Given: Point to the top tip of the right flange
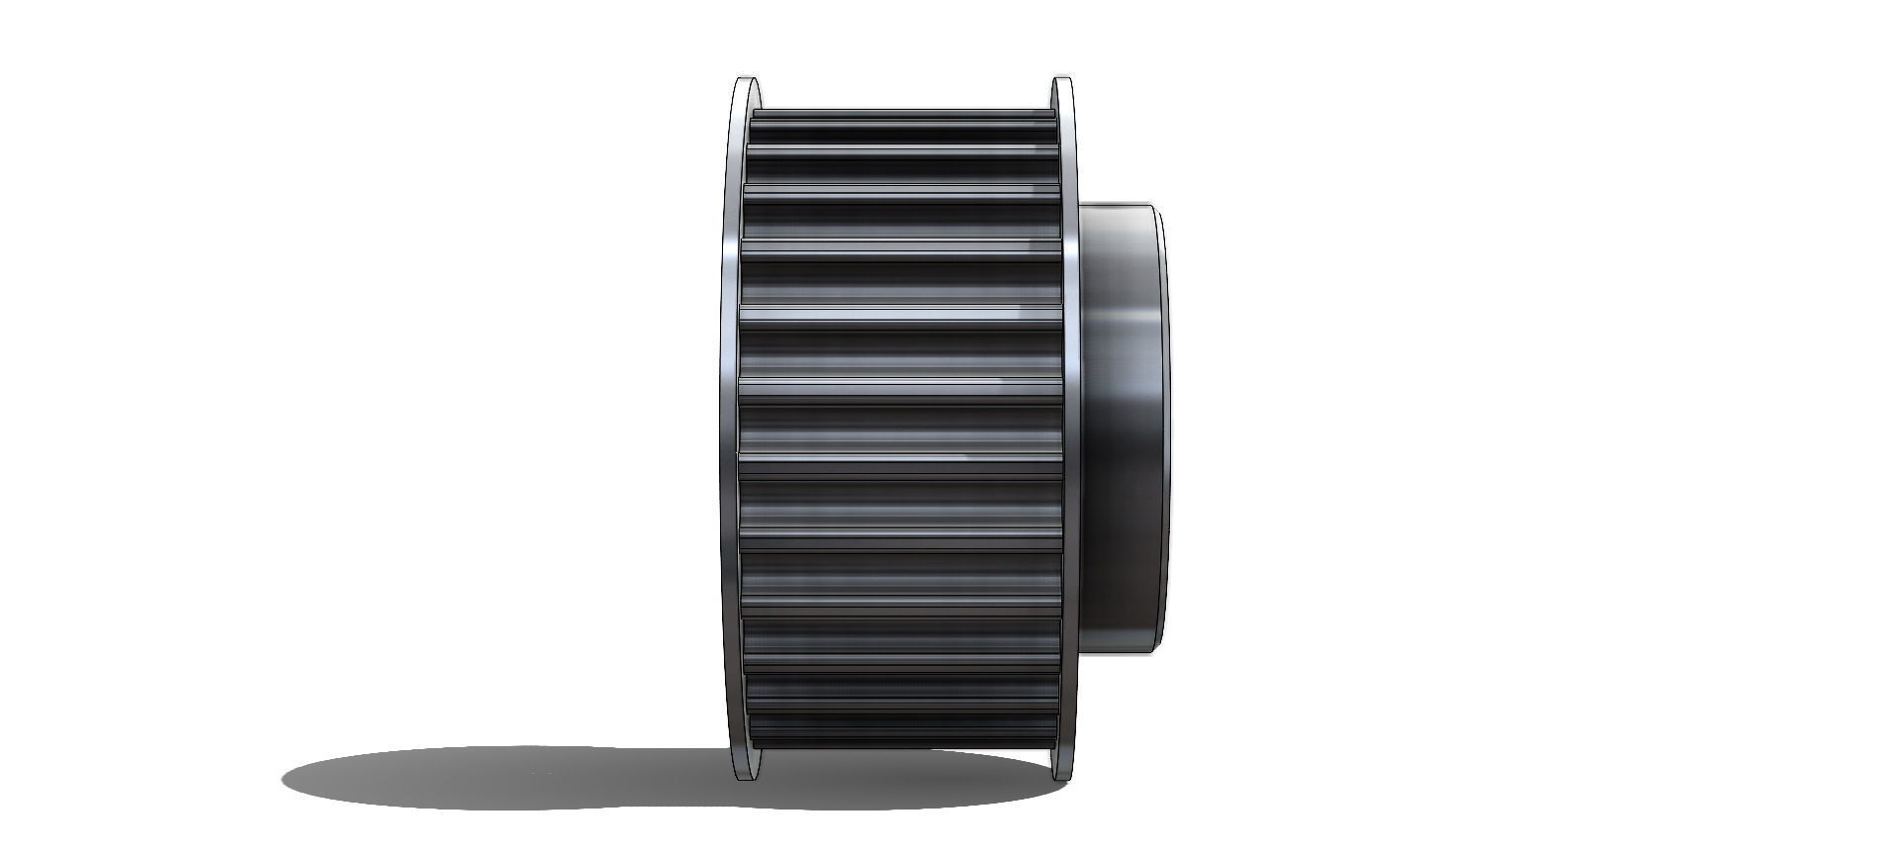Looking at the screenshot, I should pos(1063,78).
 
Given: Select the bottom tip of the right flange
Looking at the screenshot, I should pos(1063,778).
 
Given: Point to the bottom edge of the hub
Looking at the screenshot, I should pos(1118,649).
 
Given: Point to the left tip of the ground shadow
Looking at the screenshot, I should pos(285,778).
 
